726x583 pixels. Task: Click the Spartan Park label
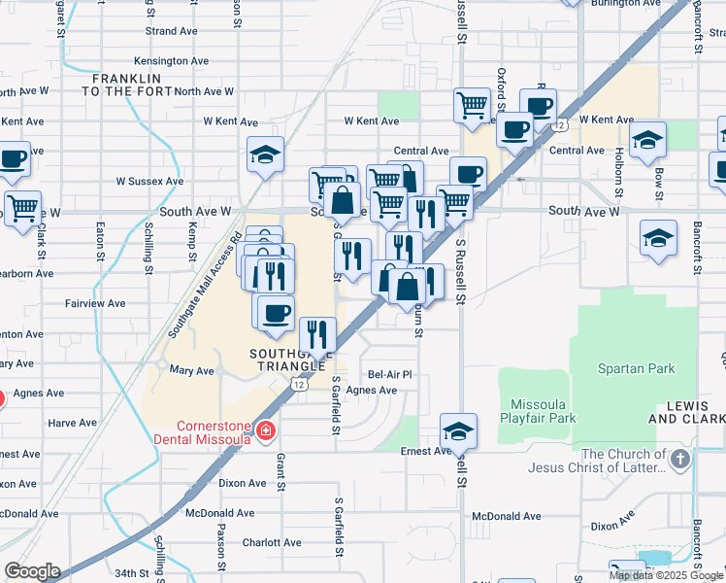click(637, 369)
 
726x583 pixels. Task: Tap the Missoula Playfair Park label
click(538, 411)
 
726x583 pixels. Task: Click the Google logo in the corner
click(32, 571)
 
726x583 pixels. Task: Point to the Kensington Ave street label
click(178, 60)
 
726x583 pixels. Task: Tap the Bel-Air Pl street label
click(390, 374)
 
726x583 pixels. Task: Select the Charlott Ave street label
click(267, 543)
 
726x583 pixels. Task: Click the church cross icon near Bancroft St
click(681, 458)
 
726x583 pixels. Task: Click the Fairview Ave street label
click(95, 303)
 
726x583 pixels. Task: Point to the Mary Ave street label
click(191, 371)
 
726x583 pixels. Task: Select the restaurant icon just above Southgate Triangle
click(317, 334)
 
